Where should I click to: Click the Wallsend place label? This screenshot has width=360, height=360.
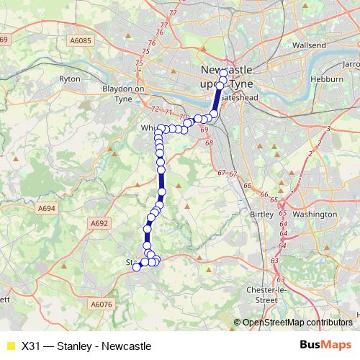coord(310,45)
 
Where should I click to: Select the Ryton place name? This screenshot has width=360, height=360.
coord(69,78)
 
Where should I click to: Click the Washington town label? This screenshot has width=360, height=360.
coord(315,215)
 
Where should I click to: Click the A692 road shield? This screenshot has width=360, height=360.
coord(99,224)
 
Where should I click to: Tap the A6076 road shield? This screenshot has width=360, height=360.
coord(103,305)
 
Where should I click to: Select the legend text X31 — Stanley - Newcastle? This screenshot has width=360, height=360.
coord(86,346)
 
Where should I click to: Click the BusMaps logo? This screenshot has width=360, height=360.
coord(326,346)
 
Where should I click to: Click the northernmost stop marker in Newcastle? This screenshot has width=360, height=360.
coord(224,73)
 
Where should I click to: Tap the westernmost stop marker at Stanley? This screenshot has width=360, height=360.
coord(137,269)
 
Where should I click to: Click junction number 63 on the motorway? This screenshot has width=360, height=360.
coord(274,260)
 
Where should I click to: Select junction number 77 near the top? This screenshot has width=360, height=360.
coord(171,13)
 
